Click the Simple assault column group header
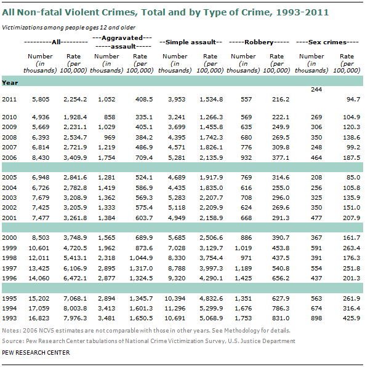(x=191, y=42)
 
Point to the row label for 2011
(x=9, y=99)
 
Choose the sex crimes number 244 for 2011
(x=316, y=89)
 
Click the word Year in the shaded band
(x=10, y=82)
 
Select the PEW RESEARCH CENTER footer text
(x=36, y=352)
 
